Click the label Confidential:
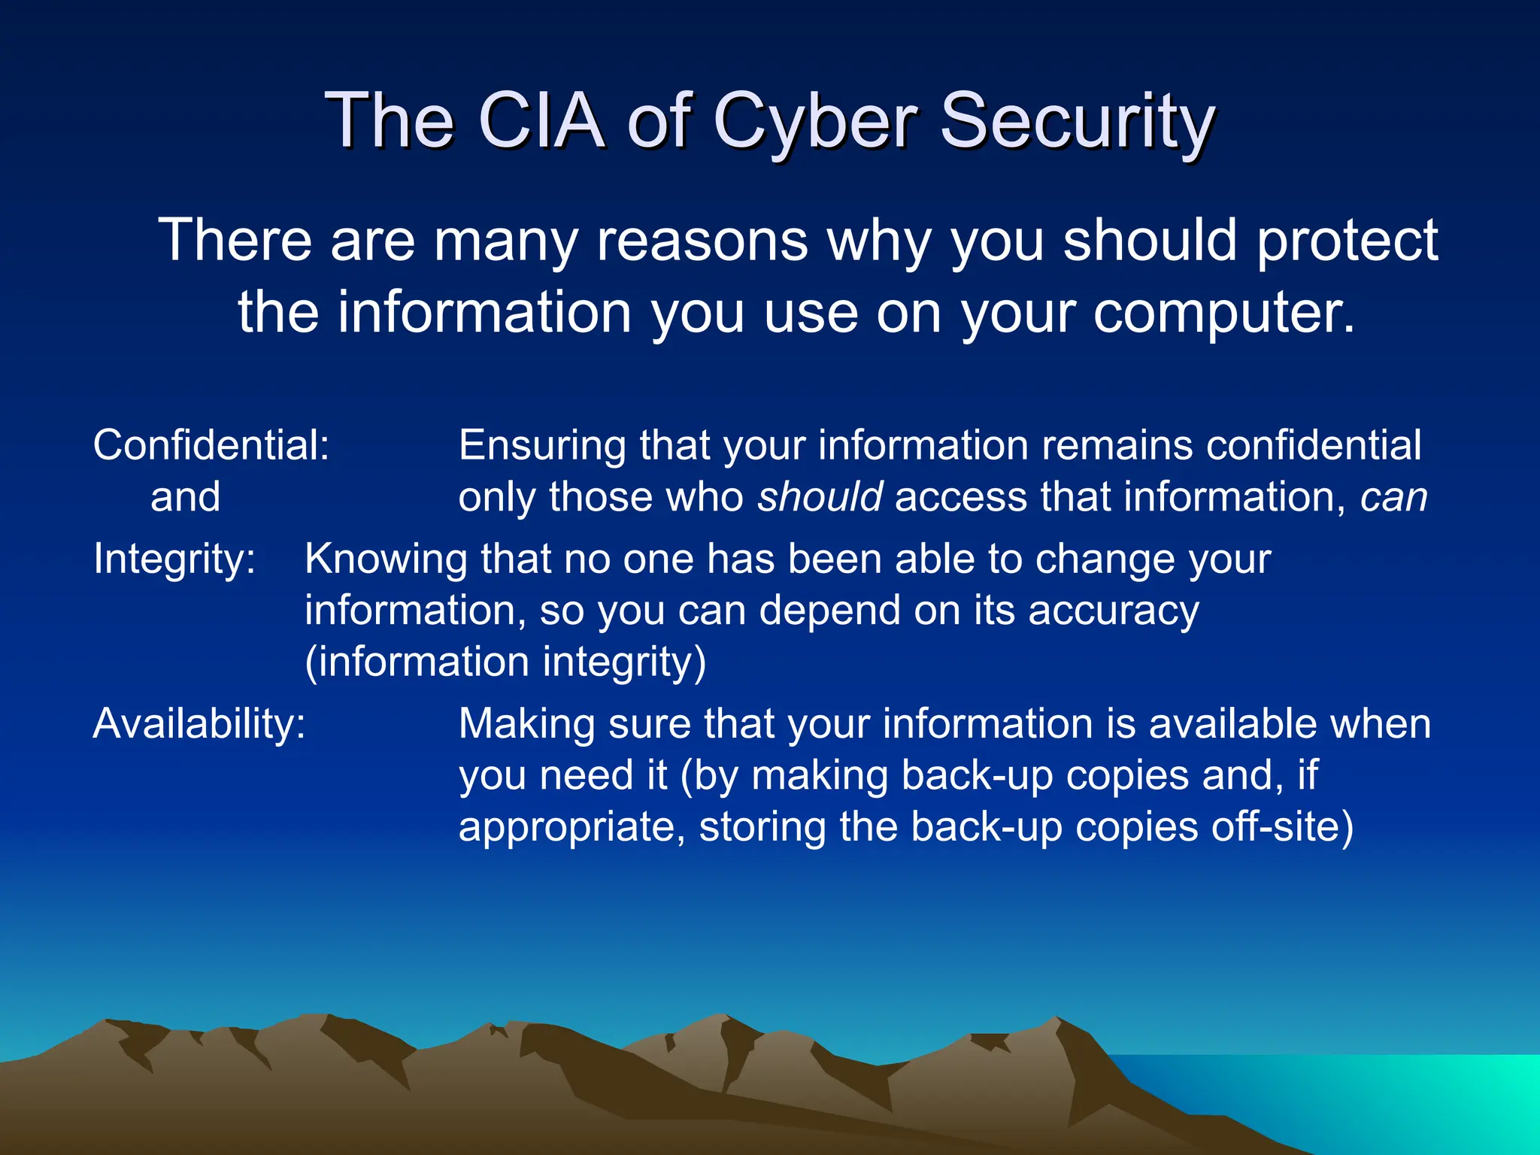[211, 445]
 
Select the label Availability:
[199, 725]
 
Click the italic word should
[820, 497]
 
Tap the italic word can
[1393, 499]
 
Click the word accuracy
[1114, 611]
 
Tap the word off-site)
[1281, 827]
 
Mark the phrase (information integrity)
[505, 662]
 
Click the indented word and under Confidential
[185, 498]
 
